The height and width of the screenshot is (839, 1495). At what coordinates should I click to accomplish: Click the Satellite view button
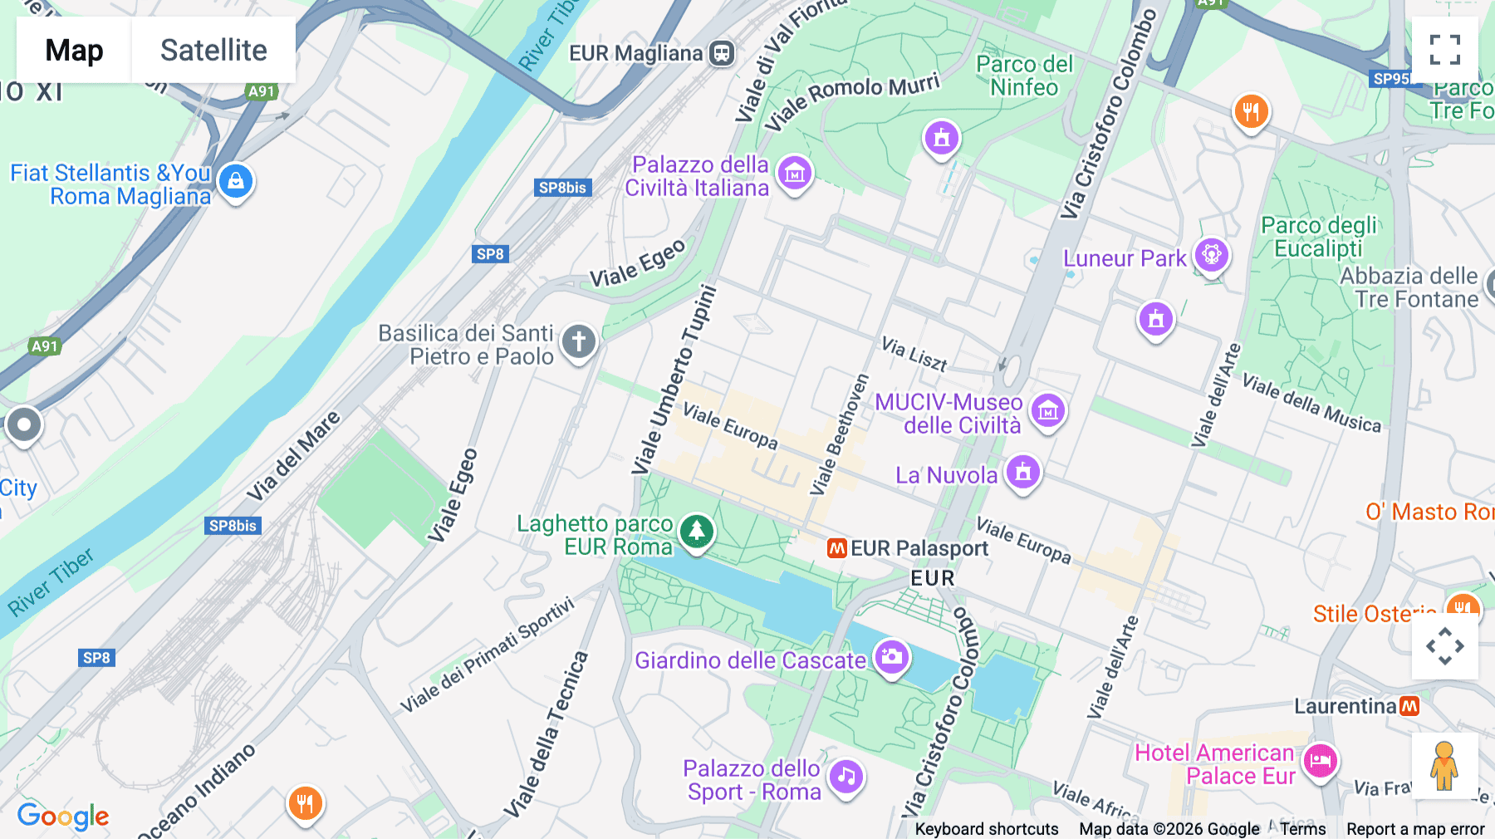(213, 50)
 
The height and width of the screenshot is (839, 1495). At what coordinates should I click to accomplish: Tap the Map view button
(74, 50)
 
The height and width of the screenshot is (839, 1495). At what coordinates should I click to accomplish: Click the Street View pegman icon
(1444, 766)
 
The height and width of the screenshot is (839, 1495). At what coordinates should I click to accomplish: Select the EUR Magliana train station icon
(722, 54)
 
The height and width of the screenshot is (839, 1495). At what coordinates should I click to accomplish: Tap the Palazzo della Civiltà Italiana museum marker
(795, 173)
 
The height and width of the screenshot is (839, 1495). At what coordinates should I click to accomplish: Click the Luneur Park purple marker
(1211, 254)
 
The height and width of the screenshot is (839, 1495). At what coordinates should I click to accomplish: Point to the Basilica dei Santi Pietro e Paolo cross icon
(579, 341)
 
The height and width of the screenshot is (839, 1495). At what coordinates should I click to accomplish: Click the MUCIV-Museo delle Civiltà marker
(1048, 410)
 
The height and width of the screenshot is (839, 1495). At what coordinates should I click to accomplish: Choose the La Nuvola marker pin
(1023, 471)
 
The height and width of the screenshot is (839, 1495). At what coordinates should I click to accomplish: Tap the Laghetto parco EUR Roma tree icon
(696, 531)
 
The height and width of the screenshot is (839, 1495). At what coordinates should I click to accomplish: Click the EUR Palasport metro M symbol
(836, 548)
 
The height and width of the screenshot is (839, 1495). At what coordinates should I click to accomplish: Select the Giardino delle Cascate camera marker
(892, 657)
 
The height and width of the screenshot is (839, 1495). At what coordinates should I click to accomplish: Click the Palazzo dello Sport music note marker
(846, 777)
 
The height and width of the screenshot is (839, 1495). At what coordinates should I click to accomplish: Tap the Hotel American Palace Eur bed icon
(1320, 760)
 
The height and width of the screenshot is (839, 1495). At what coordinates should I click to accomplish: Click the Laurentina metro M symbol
(1409, 706)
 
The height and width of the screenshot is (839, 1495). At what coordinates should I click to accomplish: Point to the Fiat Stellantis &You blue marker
(236, 180)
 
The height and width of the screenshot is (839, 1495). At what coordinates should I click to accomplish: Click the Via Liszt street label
(914, 354)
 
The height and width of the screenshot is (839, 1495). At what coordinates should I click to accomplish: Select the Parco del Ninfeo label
(1024, 76)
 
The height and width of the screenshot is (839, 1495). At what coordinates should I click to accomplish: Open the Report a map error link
(1414, 829)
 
